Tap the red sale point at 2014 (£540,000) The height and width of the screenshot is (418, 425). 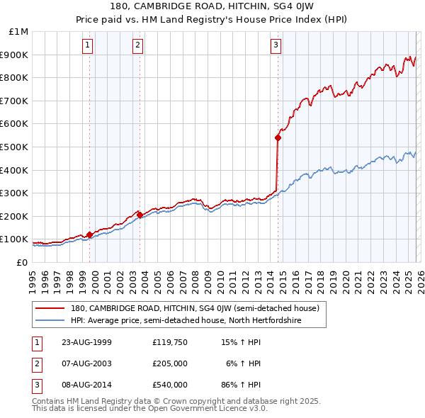click(x=278, y=138)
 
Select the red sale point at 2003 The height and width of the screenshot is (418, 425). click(x=140, y=215)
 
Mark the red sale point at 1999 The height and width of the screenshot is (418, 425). click(x=90, y=235)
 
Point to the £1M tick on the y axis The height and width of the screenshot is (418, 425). click(x=18, y=32)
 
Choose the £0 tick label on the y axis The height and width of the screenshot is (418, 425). click(x=21, y=262)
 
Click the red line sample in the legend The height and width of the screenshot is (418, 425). click(x=50, y=308)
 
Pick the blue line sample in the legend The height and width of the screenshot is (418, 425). click(x=50, y=320)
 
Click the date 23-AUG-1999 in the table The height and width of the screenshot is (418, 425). click(x=87, y=342)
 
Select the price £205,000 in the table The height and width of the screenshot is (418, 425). click(x=169, y=363)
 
